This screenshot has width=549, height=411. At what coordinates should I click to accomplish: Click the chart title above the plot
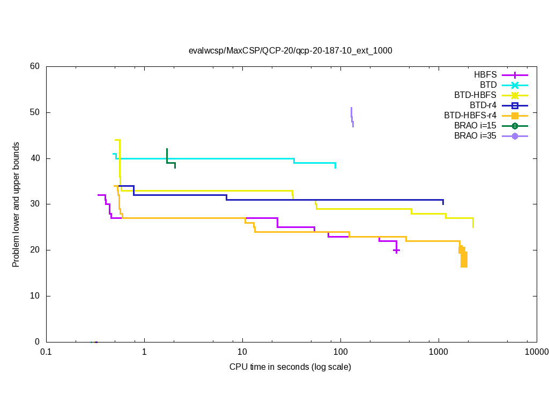[x=290, y=51]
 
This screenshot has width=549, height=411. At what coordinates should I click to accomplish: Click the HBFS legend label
[x=485, y=75]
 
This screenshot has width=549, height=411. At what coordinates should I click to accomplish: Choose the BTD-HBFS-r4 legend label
[x=470, y=116]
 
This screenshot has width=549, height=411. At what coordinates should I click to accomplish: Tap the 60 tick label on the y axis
[x=35, y=66]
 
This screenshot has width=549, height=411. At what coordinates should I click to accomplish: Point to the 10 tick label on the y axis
[x=35, y=296]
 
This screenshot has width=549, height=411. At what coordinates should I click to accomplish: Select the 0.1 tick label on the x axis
[x=46, y=352]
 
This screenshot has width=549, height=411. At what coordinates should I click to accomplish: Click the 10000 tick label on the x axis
[x=536, y=352]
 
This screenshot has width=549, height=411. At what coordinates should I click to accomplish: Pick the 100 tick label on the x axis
[x=340, y=352]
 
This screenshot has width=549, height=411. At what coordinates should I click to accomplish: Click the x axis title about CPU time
[x=290, y=367]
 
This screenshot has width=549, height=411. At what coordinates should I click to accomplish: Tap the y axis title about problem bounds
[x=16, y=204]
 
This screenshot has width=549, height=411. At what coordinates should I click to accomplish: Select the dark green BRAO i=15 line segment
[x=170, y=162]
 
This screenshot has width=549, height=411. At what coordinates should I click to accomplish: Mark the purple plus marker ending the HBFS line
[x=396, y=250]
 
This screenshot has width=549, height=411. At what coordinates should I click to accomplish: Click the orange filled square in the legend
[x=515, y=116]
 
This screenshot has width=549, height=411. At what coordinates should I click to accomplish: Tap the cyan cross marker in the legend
[x=515, y=85]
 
